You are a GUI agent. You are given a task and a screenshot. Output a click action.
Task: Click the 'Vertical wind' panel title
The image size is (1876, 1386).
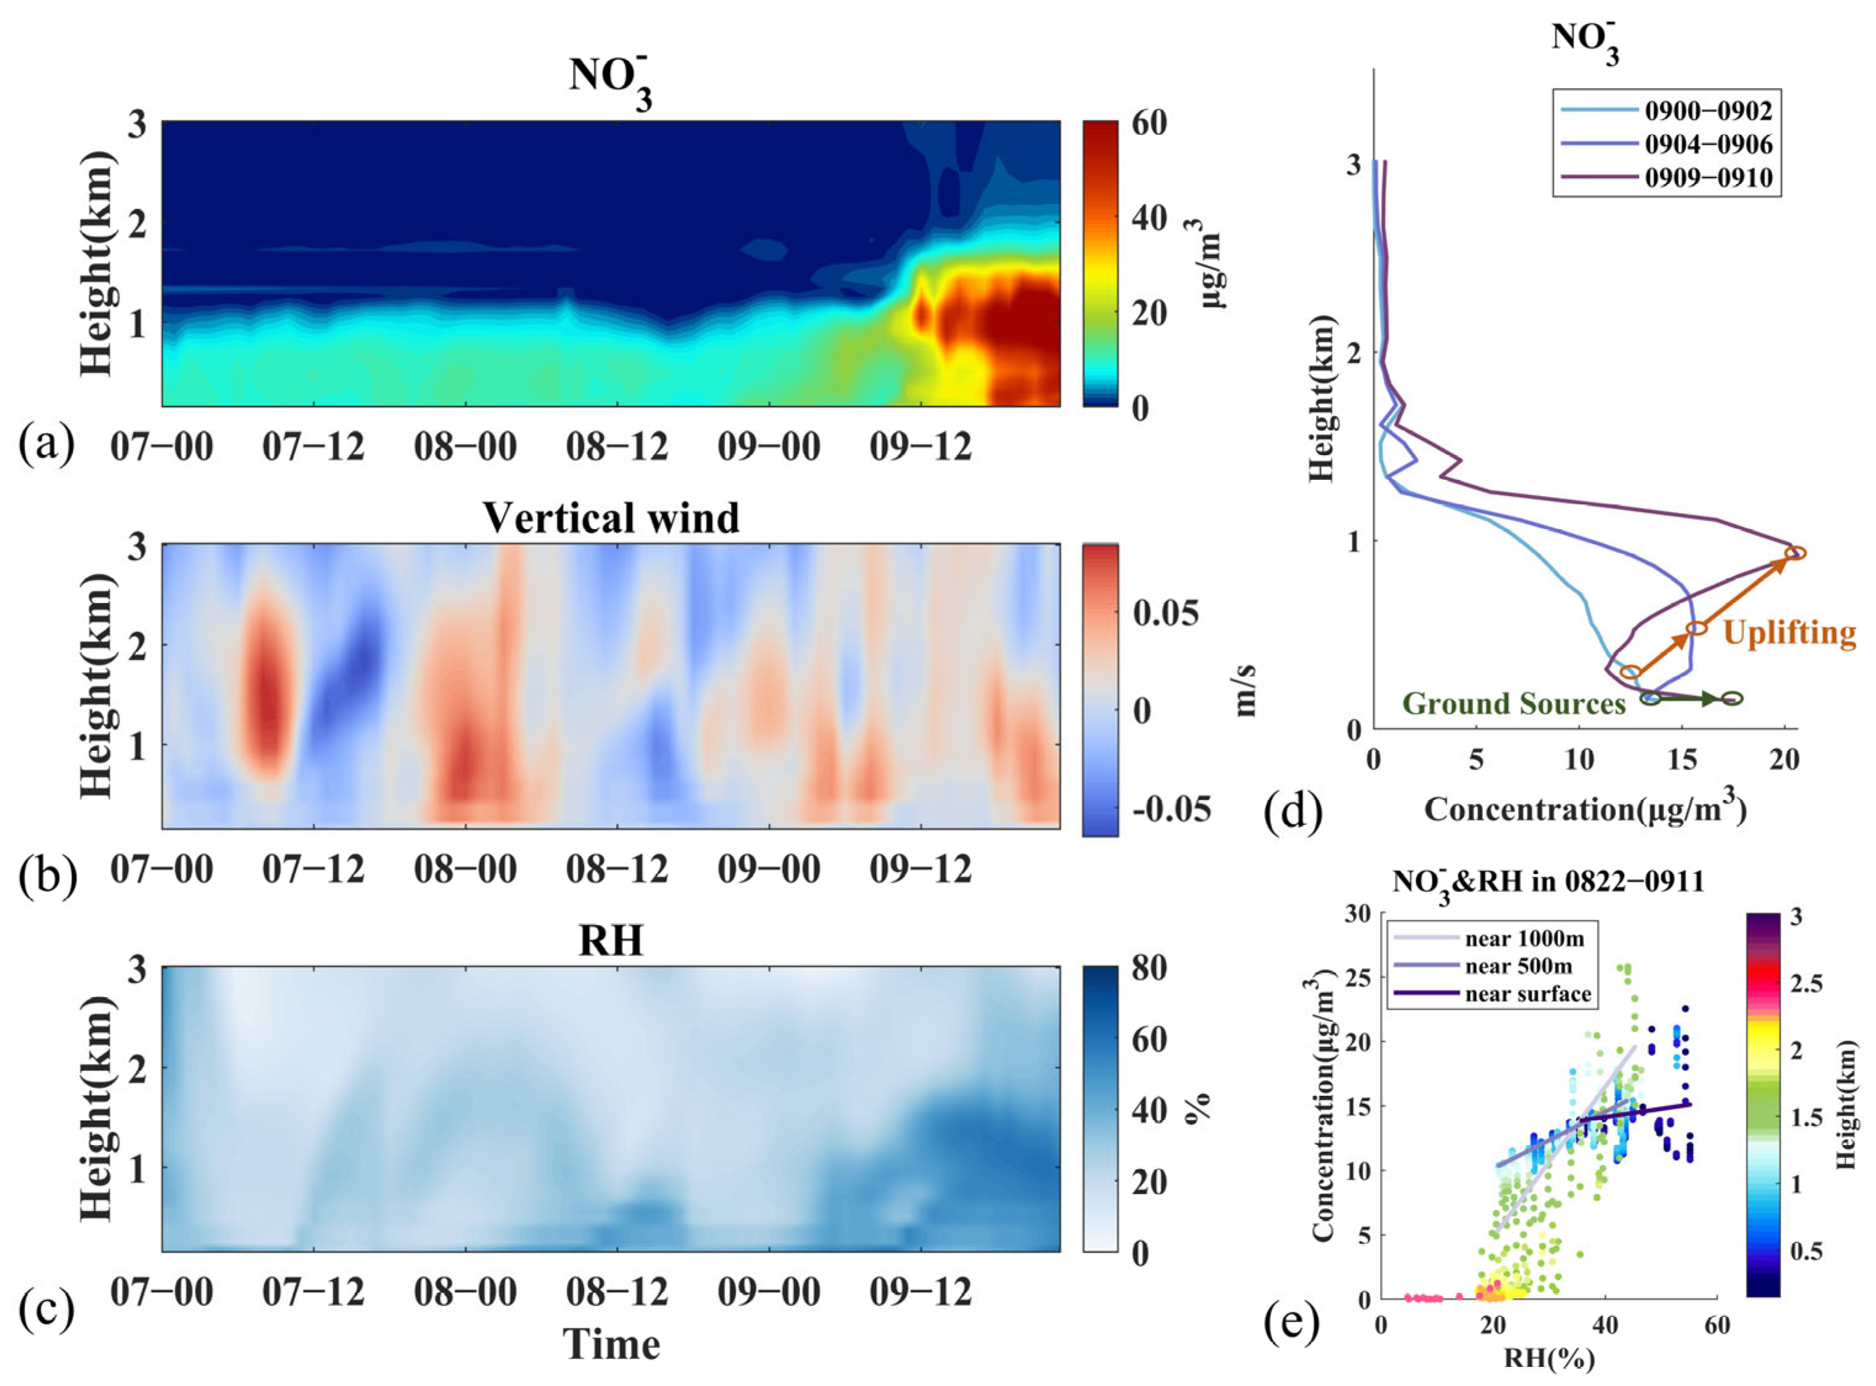coord(611,517)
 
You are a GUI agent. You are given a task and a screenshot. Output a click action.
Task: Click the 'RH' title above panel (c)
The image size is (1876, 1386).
coord(611,941)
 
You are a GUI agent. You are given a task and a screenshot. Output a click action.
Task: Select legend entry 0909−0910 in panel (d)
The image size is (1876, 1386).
coord(1708,178)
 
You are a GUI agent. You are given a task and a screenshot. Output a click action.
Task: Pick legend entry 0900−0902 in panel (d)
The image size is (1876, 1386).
coord(1708,111)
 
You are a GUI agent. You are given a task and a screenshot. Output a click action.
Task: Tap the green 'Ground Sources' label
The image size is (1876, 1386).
coord(1514,703)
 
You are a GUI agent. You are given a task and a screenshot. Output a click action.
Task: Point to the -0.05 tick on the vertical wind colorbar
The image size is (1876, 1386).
coord(1171,809)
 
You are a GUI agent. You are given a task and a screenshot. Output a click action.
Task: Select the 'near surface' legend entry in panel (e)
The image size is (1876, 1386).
coord(1527,994)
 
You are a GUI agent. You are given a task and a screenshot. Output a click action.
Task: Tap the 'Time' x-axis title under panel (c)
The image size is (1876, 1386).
coord(611,1344)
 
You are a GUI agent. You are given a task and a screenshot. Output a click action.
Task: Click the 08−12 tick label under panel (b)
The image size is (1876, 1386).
coord(617,869)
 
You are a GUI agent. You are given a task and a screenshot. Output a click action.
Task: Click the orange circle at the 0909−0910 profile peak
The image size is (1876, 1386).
coord(1795,553)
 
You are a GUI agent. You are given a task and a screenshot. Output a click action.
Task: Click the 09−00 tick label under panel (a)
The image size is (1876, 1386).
coord(768,447)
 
